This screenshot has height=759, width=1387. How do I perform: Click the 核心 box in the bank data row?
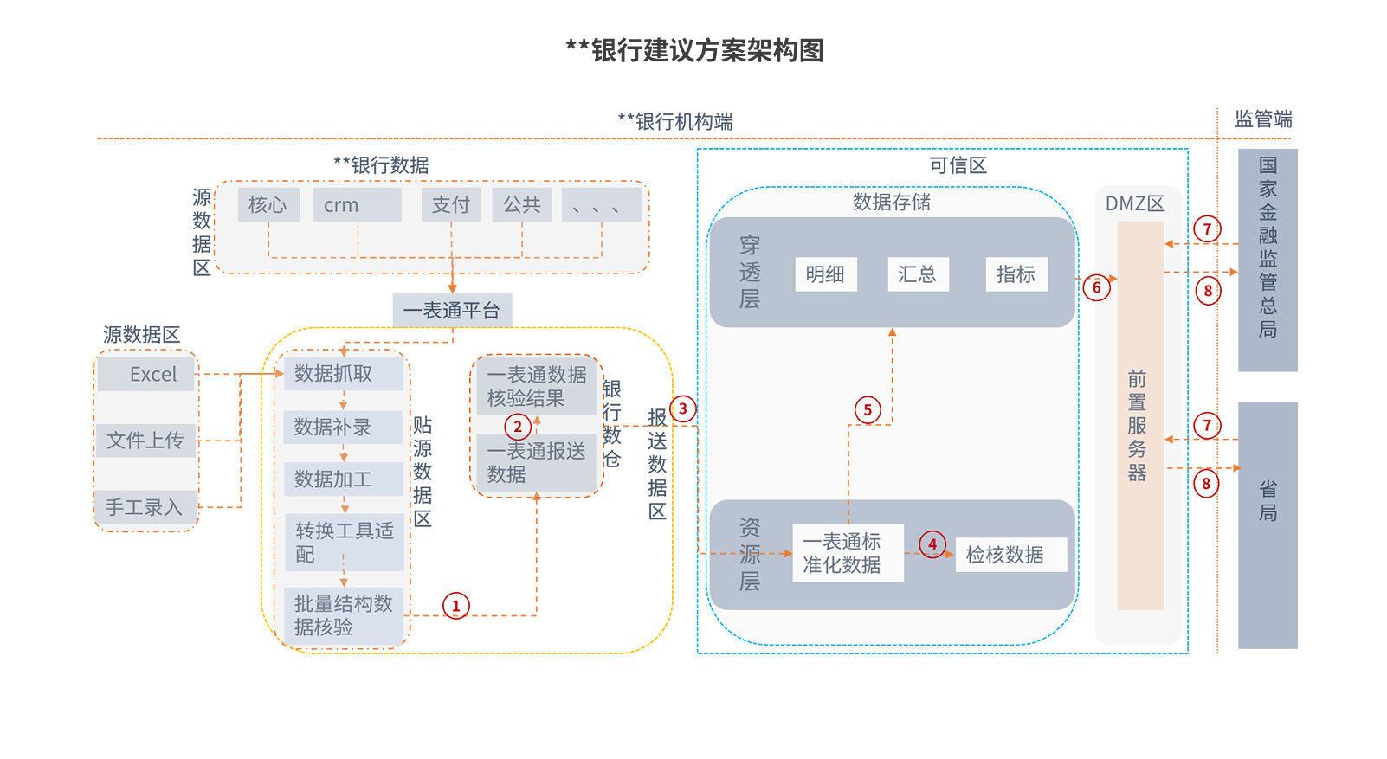(268, 205)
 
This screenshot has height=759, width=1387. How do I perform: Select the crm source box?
(357, 205)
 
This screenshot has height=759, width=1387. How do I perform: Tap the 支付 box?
(451, 205)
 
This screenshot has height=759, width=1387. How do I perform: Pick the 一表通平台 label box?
(452, 311)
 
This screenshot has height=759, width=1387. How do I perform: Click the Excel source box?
(146, 375)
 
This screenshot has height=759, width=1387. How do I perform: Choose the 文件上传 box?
(145, 441)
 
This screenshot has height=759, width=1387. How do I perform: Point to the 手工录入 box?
(145, 508)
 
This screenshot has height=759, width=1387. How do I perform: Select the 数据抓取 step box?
(343, 374)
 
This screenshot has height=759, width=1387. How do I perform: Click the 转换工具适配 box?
(345, 543)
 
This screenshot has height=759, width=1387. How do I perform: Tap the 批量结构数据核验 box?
(344, 615)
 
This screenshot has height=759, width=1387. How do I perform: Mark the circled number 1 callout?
(456, 606)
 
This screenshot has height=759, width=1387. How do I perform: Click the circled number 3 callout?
(683, 409)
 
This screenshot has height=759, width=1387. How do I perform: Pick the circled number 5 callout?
(868, 410)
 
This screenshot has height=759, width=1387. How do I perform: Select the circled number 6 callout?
(1096, 288)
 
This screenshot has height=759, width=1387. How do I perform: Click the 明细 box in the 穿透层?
(825, 274)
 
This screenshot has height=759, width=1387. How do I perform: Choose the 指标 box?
(1016, 274)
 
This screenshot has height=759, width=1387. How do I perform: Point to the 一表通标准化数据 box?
(848, 553)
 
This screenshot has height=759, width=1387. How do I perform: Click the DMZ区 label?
(1135, 204)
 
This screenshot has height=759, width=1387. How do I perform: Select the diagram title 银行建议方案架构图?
(694, 50)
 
